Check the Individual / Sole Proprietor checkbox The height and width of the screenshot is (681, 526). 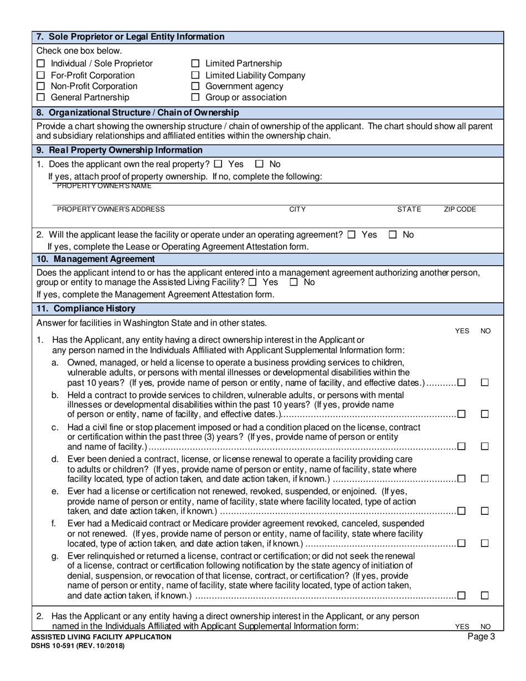tap(40, 64)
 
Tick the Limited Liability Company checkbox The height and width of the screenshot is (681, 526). tap(195, 75)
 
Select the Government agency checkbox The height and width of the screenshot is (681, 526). tap(195, 86)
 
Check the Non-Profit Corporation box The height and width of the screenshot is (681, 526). tap(40, 86)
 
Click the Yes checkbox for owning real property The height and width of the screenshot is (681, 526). tap(218, 164)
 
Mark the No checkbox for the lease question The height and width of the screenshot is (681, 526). tap(393, 235)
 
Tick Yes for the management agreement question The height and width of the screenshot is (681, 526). tap(253, 282)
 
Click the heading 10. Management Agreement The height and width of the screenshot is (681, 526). tap(95, 259)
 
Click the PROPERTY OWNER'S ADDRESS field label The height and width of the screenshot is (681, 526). tap(111, 209)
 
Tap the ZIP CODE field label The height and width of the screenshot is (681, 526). tap(460, 209)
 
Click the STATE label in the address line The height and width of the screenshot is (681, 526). tap(409, 209)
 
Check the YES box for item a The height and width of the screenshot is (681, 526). tap(462, 383)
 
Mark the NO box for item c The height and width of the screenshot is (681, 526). tap(485, 446)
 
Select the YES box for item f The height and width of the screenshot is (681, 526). tap(462, 543)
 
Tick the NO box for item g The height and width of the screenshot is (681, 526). tap(485, 596)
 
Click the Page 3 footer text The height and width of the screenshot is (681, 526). tap(481, 637)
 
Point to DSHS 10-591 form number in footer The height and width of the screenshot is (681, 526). tap(78, 646)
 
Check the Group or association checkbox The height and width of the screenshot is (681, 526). tap(195, 97)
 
